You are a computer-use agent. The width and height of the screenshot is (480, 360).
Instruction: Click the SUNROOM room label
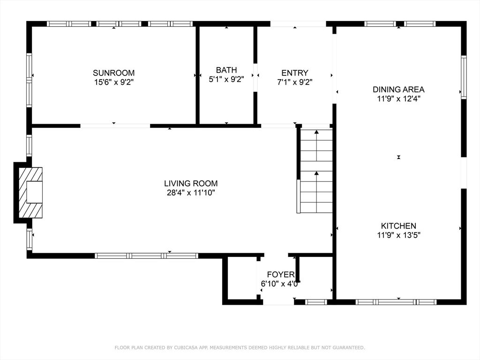tap(113, 73)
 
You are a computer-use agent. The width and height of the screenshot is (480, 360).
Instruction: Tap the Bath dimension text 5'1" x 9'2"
tap(226, 80)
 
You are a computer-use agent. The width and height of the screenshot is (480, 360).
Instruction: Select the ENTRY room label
tap(295, 73)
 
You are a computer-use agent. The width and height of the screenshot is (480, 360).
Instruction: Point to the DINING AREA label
tap(398, 89)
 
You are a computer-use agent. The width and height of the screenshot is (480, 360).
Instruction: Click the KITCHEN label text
tap(398, 226)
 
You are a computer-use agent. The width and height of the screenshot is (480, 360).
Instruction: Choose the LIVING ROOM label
tap(191, 184)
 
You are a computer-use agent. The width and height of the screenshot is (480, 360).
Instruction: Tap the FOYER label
tap(281, 274)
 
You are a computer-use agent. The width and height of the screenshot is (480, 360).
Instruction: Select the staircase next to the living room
tap(316, 171)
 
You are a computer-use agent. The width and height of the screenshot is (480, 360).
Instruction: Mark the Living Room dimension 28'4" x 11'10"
tap(191, 193)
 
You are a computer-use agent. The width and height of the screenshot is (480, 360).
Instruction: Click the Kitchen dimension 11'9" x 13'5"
tap(398, 235)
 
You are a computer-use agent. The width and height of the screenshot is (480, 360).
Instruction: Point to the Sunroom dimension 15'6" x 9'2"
tap(113, 82)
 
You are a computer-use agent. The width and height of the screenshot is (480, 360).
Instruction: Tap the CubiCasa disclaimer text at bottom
tap(240, 347)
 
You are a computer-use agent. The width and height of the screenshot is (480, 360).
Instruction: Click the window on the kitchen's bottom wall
tap(396, 302)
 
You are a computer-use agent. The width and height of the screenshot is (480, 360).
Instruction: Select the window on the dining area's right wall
tap(464, 77)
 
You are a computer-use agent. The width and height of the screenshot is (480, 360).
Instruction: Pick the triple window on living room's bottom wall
tap(146, 255)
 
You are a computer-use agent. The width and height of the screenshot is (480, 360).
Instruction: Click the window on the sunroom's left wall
tap(29, 80)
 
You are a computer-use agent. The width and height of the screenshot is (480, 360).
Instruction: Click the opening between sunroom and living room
tap(115, 126)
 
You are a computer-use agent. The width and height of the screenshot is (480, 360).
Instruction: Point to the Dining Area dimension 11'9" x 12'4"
tap(398, 98)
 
